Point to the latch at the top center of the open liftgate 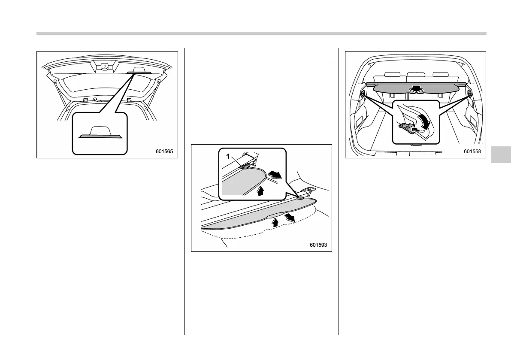tap(104, 67)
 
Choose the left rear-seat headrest tap(391, 75)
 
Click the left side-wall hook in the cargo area tap(364, 94)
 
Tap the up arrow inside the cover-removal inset tap(260, 190)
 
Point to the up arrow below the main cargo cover tap(275, 222)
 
